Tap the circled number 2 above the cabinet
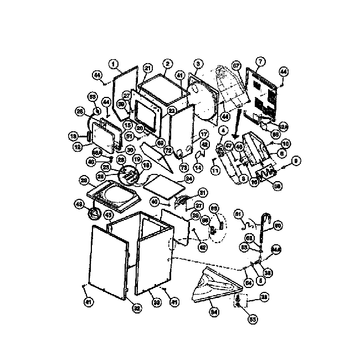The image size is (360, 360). pyautogui.click(x=167, y=64)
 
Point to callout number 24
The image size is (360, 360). pyautogui.click(x=188, y=179)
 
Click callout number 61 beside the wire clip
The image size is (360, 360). pyautogui.click(x=238, y=213)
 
